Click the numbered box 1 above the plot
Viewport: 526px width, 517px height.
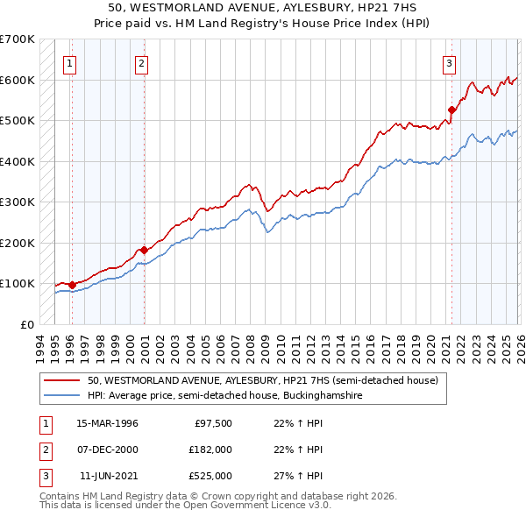[69, 62]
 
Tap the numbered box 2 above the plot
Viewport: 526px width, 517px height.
[141, 62]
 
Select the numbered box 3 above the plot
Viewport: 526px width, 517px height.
[448, 62]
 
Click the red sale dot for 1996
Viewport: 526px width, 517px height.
[72, 285]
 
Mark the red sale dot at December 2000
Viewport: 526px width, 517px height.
[144, 250]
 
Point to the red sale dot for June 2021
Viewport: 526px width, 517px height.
[451, 110]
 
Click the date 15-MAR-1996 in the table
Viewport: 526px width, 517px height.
[107, 423]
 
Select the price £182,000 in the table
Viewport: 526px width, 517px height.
[210, 450]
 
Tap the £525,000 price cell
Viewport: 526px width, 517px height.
[210, 476]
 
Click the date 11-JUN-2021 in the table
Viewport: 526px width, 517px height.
[109, 476]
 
